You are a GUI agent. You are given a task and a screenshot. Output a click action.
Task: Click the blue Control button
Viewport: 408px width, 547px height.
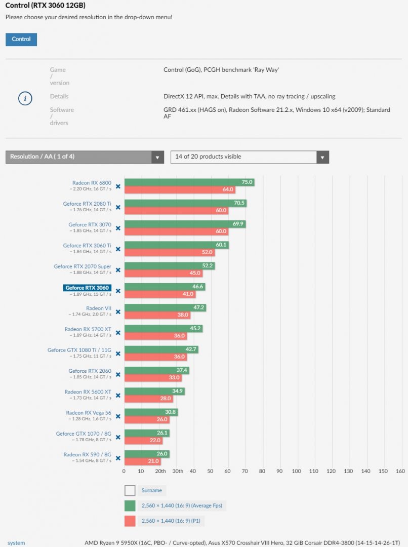[x=21, y=40]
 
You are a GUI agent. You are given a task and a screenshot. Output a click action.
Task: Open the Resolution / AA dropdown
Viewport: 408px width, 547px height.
[x=85, y=157]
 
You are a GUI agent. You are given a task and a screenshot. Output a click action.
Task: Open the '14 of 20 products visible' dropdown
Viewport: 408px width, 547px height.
[x=250, y=157]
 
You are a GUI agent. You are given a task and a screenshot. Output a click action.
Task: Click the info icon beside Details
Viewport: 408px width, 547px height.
[x=25, y=98]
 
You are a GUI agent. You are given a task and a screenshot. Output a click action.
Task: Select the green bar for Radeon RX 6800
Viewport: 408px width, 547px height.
[x=188, y=182]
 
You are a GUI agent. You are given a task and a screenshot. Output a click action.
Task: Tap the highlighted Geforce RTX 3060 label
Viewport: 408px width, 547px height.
[x=87, y=288]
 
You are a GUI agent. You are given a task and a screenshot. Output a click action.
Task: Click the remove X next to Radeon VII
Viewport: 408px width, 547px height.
[x=118, y=312]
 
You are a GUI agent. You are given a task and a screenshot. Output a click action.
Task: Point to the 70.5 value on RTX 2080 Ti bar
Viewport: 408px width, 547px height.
[x=239, y=203]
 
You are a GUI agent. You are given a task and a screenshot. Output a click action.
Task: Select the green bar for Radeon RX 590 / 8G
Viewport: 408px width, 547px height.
[x=147, y=454]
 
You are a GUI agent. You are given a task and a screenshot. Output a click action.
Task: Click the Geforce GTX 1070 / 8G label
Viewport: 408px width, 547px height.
[x=84, y=434]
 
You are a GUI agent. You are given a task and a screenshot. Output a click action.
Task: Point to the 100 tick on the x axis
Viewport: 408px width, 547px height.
[x=297, y=472]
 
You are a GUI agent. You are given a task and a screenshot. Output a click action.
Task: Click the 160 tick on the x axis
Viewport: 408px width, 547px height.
[x=400, y=472]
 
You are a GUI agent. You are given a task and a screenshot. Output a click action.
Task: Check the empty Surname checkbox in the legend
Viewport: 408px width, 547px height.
[x=130, y=490]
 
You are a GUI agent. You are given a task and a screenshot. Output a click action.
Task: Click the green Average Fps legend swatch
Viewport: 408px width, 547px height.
[x=130, y=505]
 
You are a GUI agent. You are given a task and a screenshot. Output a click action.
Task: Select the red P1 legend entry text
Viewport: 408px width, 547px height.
[x=175, y=521]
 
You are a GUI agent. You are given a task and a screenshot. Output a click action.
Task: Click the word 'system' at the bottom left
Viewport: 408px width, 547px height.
[x=16, y=543]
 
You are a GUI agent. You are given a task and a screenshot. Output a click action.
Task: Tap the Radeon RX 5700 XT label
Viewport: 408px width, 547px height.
[x=88, y=329]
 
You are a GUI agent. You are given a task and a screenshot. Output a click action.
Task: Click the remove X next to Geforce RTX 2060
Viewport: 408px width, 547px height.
[x=118, y=374]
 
